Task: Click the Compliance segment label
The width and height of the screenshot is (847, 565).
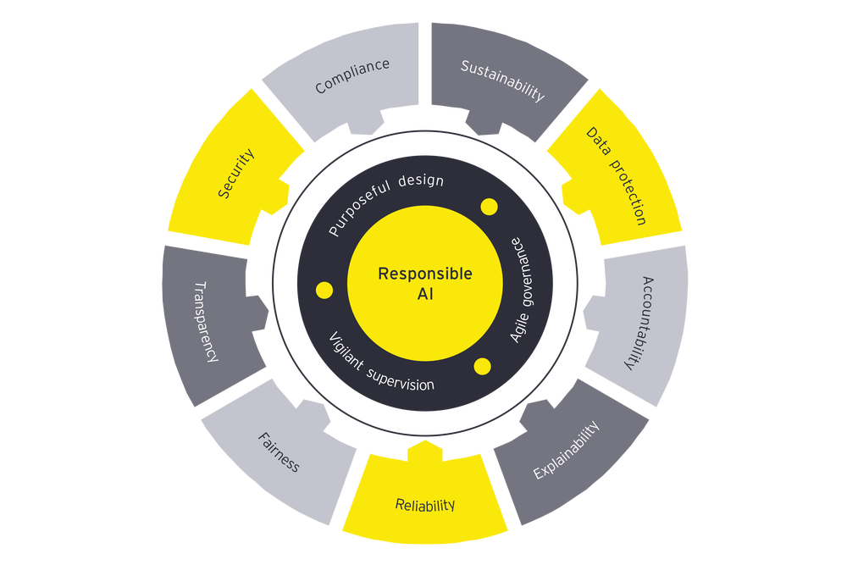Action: click(x=352, y=75)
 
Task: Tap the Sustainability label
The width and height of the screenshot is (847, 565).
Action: click(x=502, y=80)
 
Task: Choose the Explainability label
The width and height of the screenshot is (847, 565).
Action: click(x=567, y=449)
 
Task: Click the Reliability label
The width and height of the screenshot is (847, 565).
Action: click(x=425, y=506)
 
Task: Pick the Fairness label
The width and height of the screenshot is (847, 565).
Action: click(x=278, y=452)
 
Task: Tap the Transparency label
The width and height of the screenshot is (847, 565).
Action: click(x=206, y=322)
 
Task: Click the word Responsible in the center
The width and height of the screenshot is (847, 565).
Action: click(x=425, y=274)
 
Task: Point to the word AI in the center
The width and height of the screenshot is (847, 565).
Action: click(x=425, y=296)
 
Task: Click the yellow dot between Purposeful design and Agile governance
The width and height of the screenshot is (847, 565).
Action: click(x=489, y=206)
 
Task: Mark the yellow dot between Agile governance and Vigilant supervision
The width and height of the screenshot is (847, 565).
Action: click(x=483, y=366)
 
